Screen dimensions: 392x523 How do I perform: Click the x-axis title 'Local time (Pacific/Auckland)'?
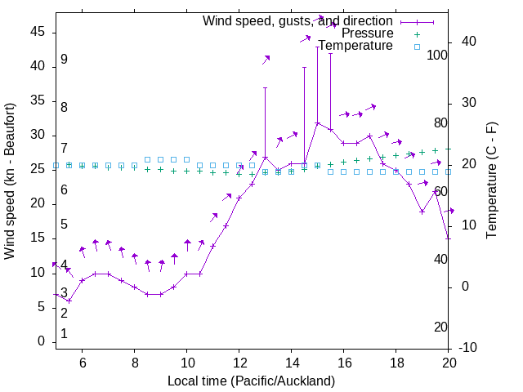point(251,381)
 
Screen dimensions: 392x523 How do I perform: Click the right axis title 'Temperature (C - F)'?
point(491,181)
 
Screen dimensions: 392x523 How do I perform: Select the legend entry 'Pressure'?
point(368,33)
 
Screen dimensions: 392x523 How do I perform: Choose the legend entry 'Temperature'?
point(355,46)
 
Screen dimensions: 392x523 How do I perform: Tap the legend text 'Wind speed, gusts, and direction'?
point(297,20)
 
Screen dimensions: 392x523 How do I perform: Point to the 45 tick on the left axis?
point(38,32)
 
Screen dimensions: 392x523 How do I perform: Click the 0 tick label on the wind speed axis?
point(42,341)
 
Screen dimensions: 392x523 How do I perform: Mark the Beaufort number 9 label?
point(64,60)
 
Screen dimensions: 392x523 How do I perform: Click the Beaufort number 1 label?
point(64,334)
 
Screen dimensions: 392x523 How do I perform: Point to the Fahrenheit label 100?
point(438,56)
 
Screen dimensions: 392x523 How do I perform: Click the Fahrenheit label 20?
point(440,327)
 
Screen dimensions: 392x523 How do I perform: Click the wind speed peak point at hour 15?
point(317,123)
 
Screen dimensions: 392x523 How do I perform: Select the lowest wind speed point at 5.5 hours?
point(69,301)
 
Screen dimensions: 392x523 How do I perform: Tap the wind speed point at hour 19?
point(422,212)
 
